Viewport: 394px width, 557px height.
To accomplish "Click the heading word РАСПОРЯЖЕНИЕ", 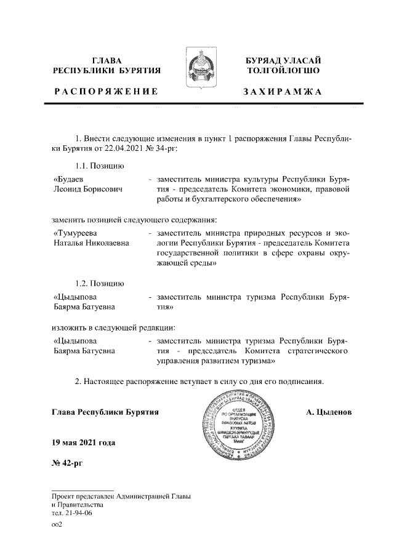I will point(105,92).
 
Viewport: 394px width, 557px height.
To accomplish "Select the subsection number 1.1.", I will point(82,165).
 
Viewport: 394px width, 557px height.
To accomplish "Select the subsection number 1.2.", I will point(82,284).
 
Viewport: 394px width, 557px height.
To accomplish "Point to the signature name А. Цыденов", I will point(329,411).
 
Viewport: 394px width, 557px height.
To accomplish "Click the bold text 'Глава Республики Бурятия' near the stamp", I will point(105,411).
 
